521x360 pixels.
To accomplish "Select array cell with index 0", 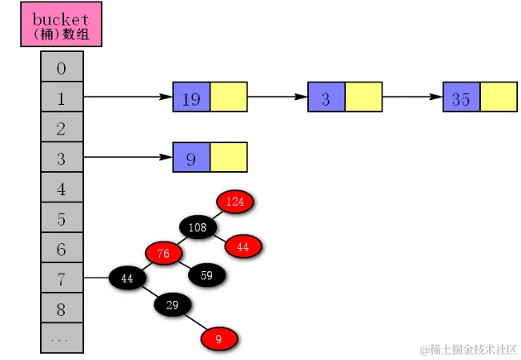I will point(62,68).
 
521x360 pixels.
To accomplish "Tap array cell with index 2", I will point(62,128).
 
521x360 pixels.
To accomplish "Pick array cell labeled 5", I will point(62,218).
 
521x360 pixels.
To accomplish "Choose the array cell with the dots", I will point(62,338).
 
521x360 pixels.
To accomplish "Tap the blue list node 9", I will point(191,158).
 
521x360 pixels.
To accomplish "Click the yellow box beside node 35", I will point(498,98).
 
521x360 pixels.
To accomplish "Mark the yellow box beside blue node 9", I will point(228,158).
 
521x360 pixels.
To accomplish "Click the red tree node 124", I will point(234,202).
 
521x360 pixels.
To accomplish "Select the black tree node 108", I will point(198,227).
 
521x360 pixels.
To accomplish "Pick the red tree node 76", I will point(162,254).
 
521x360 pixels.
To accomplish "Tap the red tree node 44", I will point(243,246).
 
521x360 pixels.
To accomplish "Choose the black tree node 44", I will point(126,278).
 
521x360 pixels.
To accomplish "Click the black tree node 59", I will point(207,275).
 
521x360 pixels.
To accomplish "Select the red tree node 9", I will point(218,339).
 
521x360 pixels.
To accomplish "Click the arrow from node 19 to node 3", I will point(277,98).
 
